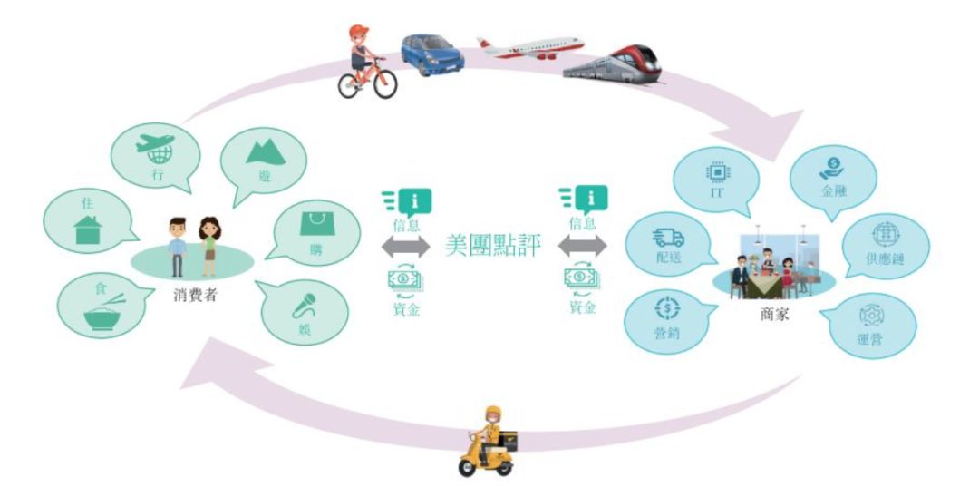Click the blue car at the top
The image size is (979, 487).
(x=432, y=54)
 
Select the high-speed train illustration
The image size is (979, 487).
(x=613, y=63)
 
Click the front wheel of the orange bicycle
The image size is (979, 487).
(x=384, y=84)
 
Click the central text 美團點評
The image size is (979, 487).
(x=492, y=246)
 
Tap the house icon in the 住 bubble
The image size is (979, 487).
(x=87, y=229)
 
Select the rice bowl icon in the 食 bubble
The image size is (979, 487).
(x=104, y=312)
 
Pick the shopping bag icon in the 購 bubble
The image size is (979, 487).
(x=317, y=223)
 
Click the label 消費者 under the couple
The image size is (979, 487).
(x=195, y=296)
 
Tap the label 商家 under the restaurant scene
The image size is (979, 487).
(x=774, y=314)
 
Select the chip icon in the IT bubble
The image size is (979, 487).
(x=718, y=171)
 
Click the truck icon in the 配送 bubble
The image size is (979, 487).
(x=668, y=238)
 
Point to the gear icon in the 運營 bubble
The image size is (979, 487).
(x=872, y=316)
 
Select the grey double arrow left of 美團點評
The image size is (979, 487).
(x=406, y=246)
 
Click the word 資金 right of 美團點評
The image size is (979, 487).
(x=583, y=307)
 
